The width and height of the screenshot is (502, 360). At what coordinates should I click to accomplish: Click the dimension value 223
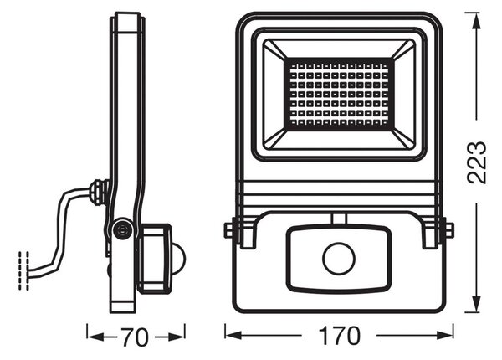point(477,162)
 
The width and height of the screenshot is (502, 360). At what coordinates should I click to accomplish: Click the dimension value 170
point(340,336)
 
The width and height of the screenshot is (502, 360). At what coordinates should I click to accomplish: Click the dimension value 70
point(135,337)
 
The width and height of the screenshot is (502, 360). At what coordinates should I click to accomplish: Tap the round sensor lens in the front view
point(339,259)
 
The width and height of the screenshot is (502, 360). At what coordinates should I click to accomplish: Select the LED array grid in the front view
point(339,95)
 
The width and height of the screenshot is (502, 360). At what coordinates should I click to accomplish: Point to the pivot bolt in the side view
point(123,229)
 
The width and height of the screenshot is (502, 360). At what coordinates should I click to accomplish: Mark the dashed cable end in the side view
point(24,271)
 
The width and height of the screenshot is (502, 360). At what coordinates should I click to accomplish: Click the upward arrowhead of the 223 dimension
point(477,21)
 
